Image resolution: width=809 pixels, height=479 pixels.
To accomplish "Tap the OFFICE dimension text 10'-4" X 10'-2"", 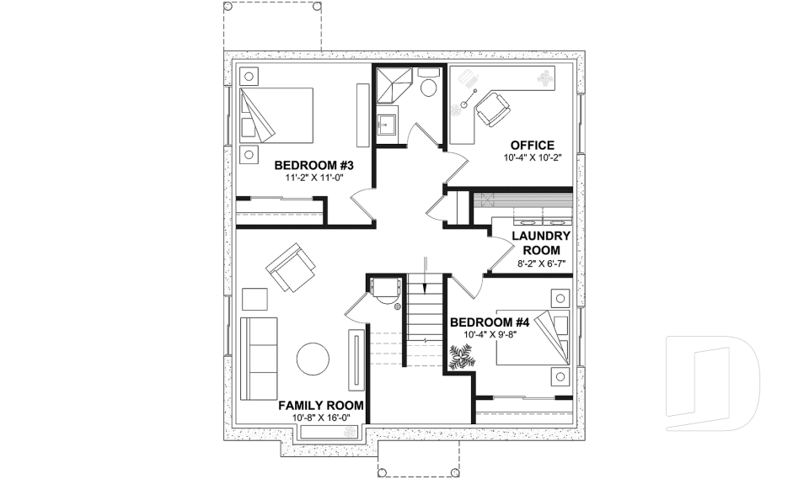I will (x=533, y=157).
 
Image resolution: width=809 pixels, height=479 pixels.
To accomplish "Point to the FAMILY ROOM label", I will (x=321, y=405).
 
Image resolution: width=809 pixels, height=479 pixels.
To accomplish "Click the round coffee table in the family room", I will (x=313, y=359).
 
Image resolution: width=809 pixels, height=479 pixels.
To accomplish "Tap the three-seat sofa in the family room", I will (x=258, y=359).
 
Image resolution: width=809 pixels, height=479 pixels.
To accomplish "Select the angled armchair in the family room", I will (x=291, y=269).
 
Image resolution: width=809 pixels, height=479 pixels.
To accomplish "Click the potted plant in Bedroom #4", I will (x=461, y=359).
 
